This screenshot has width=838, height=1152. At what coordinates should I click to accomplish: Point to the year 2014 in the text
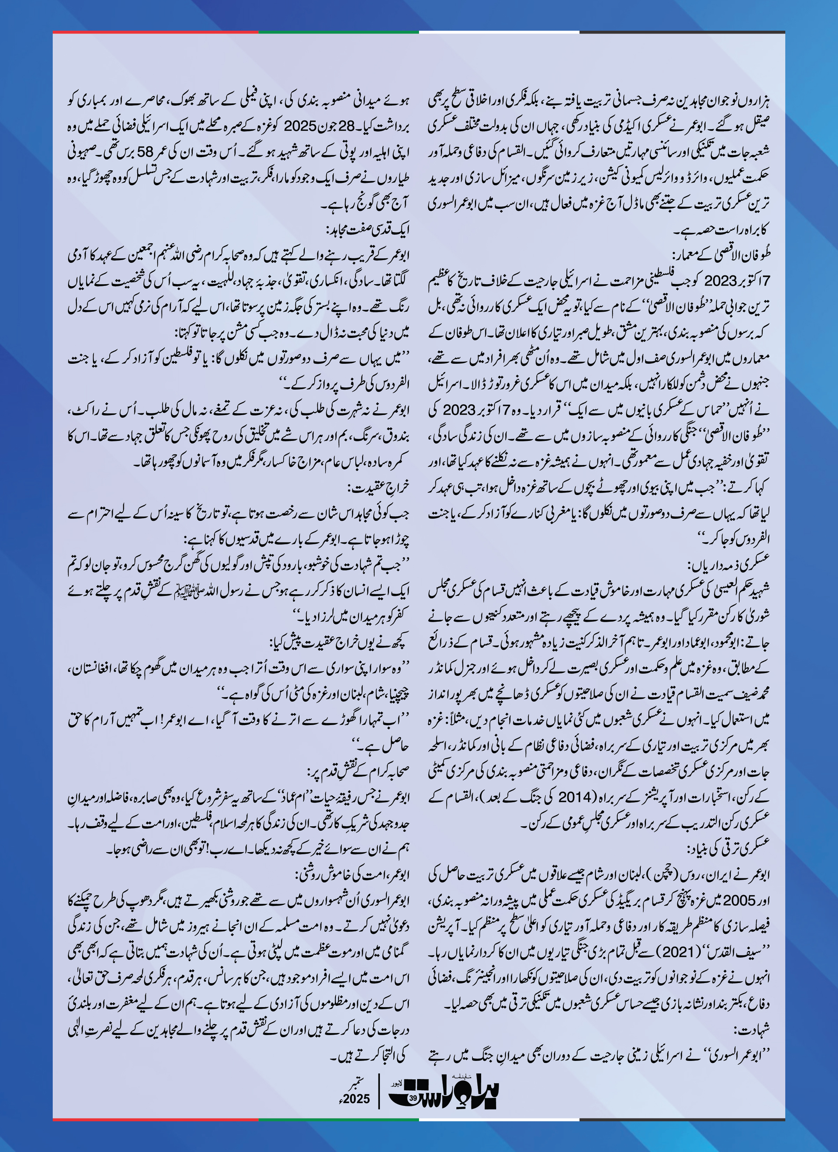pyautogui.click(x=575, y=796)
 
